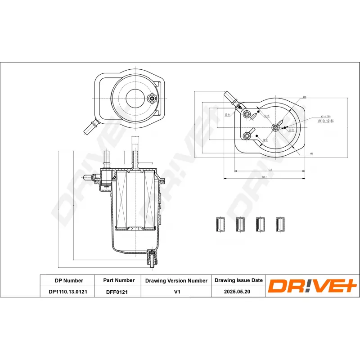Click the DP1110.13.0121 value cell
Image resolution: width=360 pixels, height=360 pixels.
click(68, 292)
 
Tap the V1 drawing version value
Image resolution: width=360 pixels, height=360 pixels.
click(177, 292)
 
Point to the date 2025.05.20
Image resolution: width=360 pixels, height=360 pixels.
click(238, 292)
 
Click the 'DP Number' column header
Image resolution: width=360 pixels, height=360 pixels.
click(68, 280)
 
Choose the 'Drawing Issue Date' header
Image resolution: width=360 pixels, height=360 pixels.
click(238, 280)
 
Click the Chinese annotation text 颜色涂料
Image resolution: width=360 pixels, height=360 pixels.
click(325, 121)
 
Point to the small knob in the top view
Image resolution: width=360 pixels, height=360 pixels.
click(153, 99)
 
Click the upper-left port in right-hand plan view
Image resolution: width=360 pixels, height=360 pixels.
click(247, 115)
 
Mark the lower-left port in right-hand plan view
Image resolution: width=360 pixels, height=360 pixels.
click(247, 136)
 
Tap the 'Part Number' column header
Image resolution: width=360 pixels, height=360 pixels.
click(119, 280)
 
